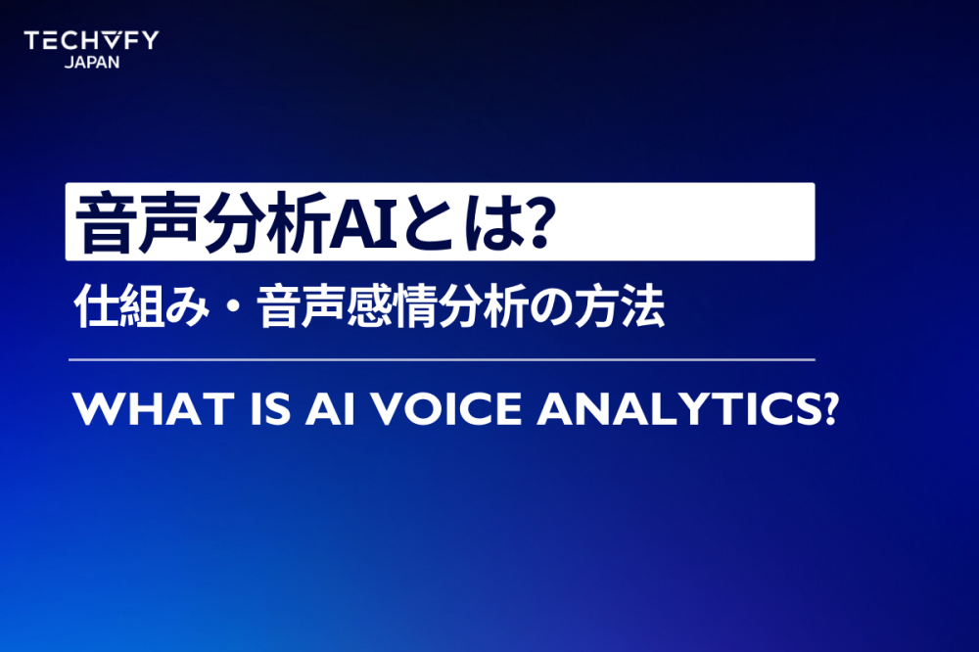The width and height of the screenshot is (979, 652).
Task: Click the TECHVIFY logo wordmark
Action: coord(90,40)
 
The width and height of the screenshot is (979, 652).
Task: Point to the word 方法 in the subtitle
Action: coord(621,309)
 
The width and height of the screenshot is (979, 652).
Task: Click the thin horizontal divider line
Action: coord(441,360)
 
